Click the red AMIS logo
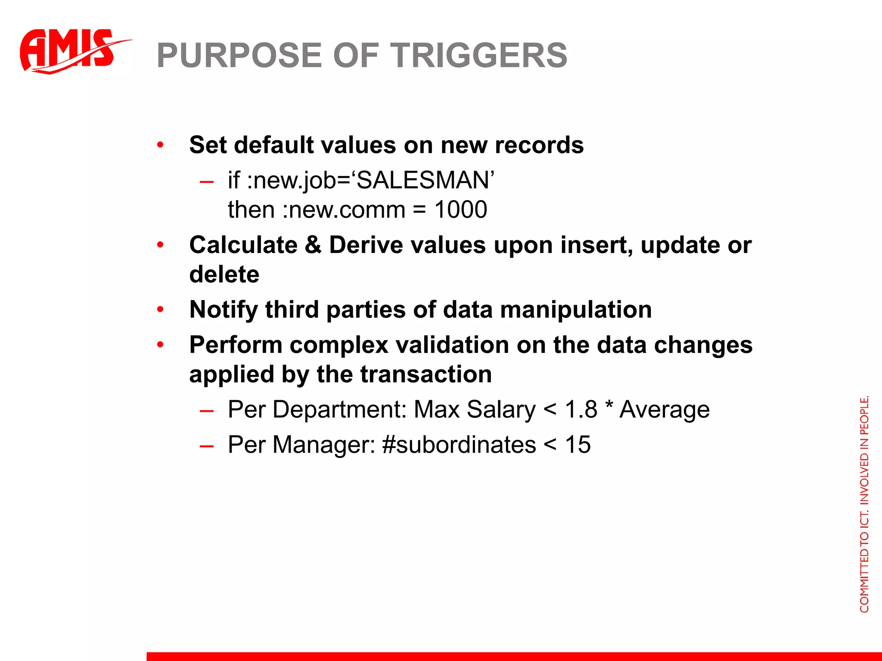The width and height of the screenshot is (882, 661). coord(69,51)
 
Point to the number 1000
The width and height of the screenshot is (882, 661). coord(460,210)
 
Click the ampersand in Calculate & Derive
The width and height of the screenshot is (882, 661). coord(313,245)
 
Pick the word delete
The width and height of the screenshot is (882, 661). coord(224,274)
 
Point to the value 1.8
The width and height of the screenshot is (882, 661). coord(581,409)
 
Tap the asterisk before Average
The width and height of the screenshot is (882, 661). coord(609,406)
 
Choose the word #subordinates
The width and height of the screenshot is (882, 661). coord(459,445)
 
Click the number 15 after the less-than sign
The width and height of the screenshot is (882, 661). coord(578,445)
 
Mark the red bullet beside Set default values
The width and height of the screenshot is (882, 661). coord(160,145)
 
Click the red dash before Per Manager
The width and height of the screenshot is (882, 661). coord(207,446)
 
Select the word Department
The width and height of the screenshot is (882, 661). coord(339,409)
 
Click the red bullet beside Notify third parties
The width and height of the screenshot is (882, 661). coord(160,310)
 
